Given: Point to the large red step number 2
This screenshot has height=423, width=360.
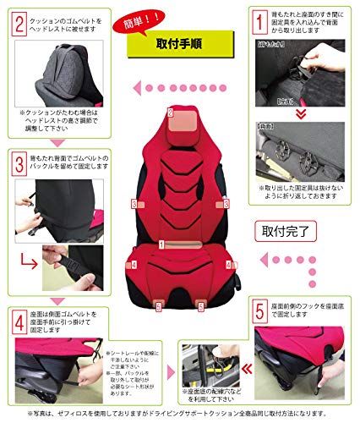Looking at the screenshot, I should pyautogui.click(x=16, y=19).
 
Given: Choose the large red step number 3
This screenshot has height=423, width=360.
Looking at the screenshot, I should pyautogui.click(x=16, y=158).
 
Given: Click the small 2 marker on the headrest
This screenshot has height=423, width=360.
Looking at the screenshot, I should pyautogui.click(x=171, y=112).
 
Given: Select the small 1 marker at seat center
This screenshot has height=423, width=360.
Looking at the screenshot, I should pyautogui.click(x=161, y=244).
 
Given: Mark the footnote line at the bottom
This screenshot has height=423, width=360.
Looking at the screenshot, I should pyautogui.click(x=179, y=412).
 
